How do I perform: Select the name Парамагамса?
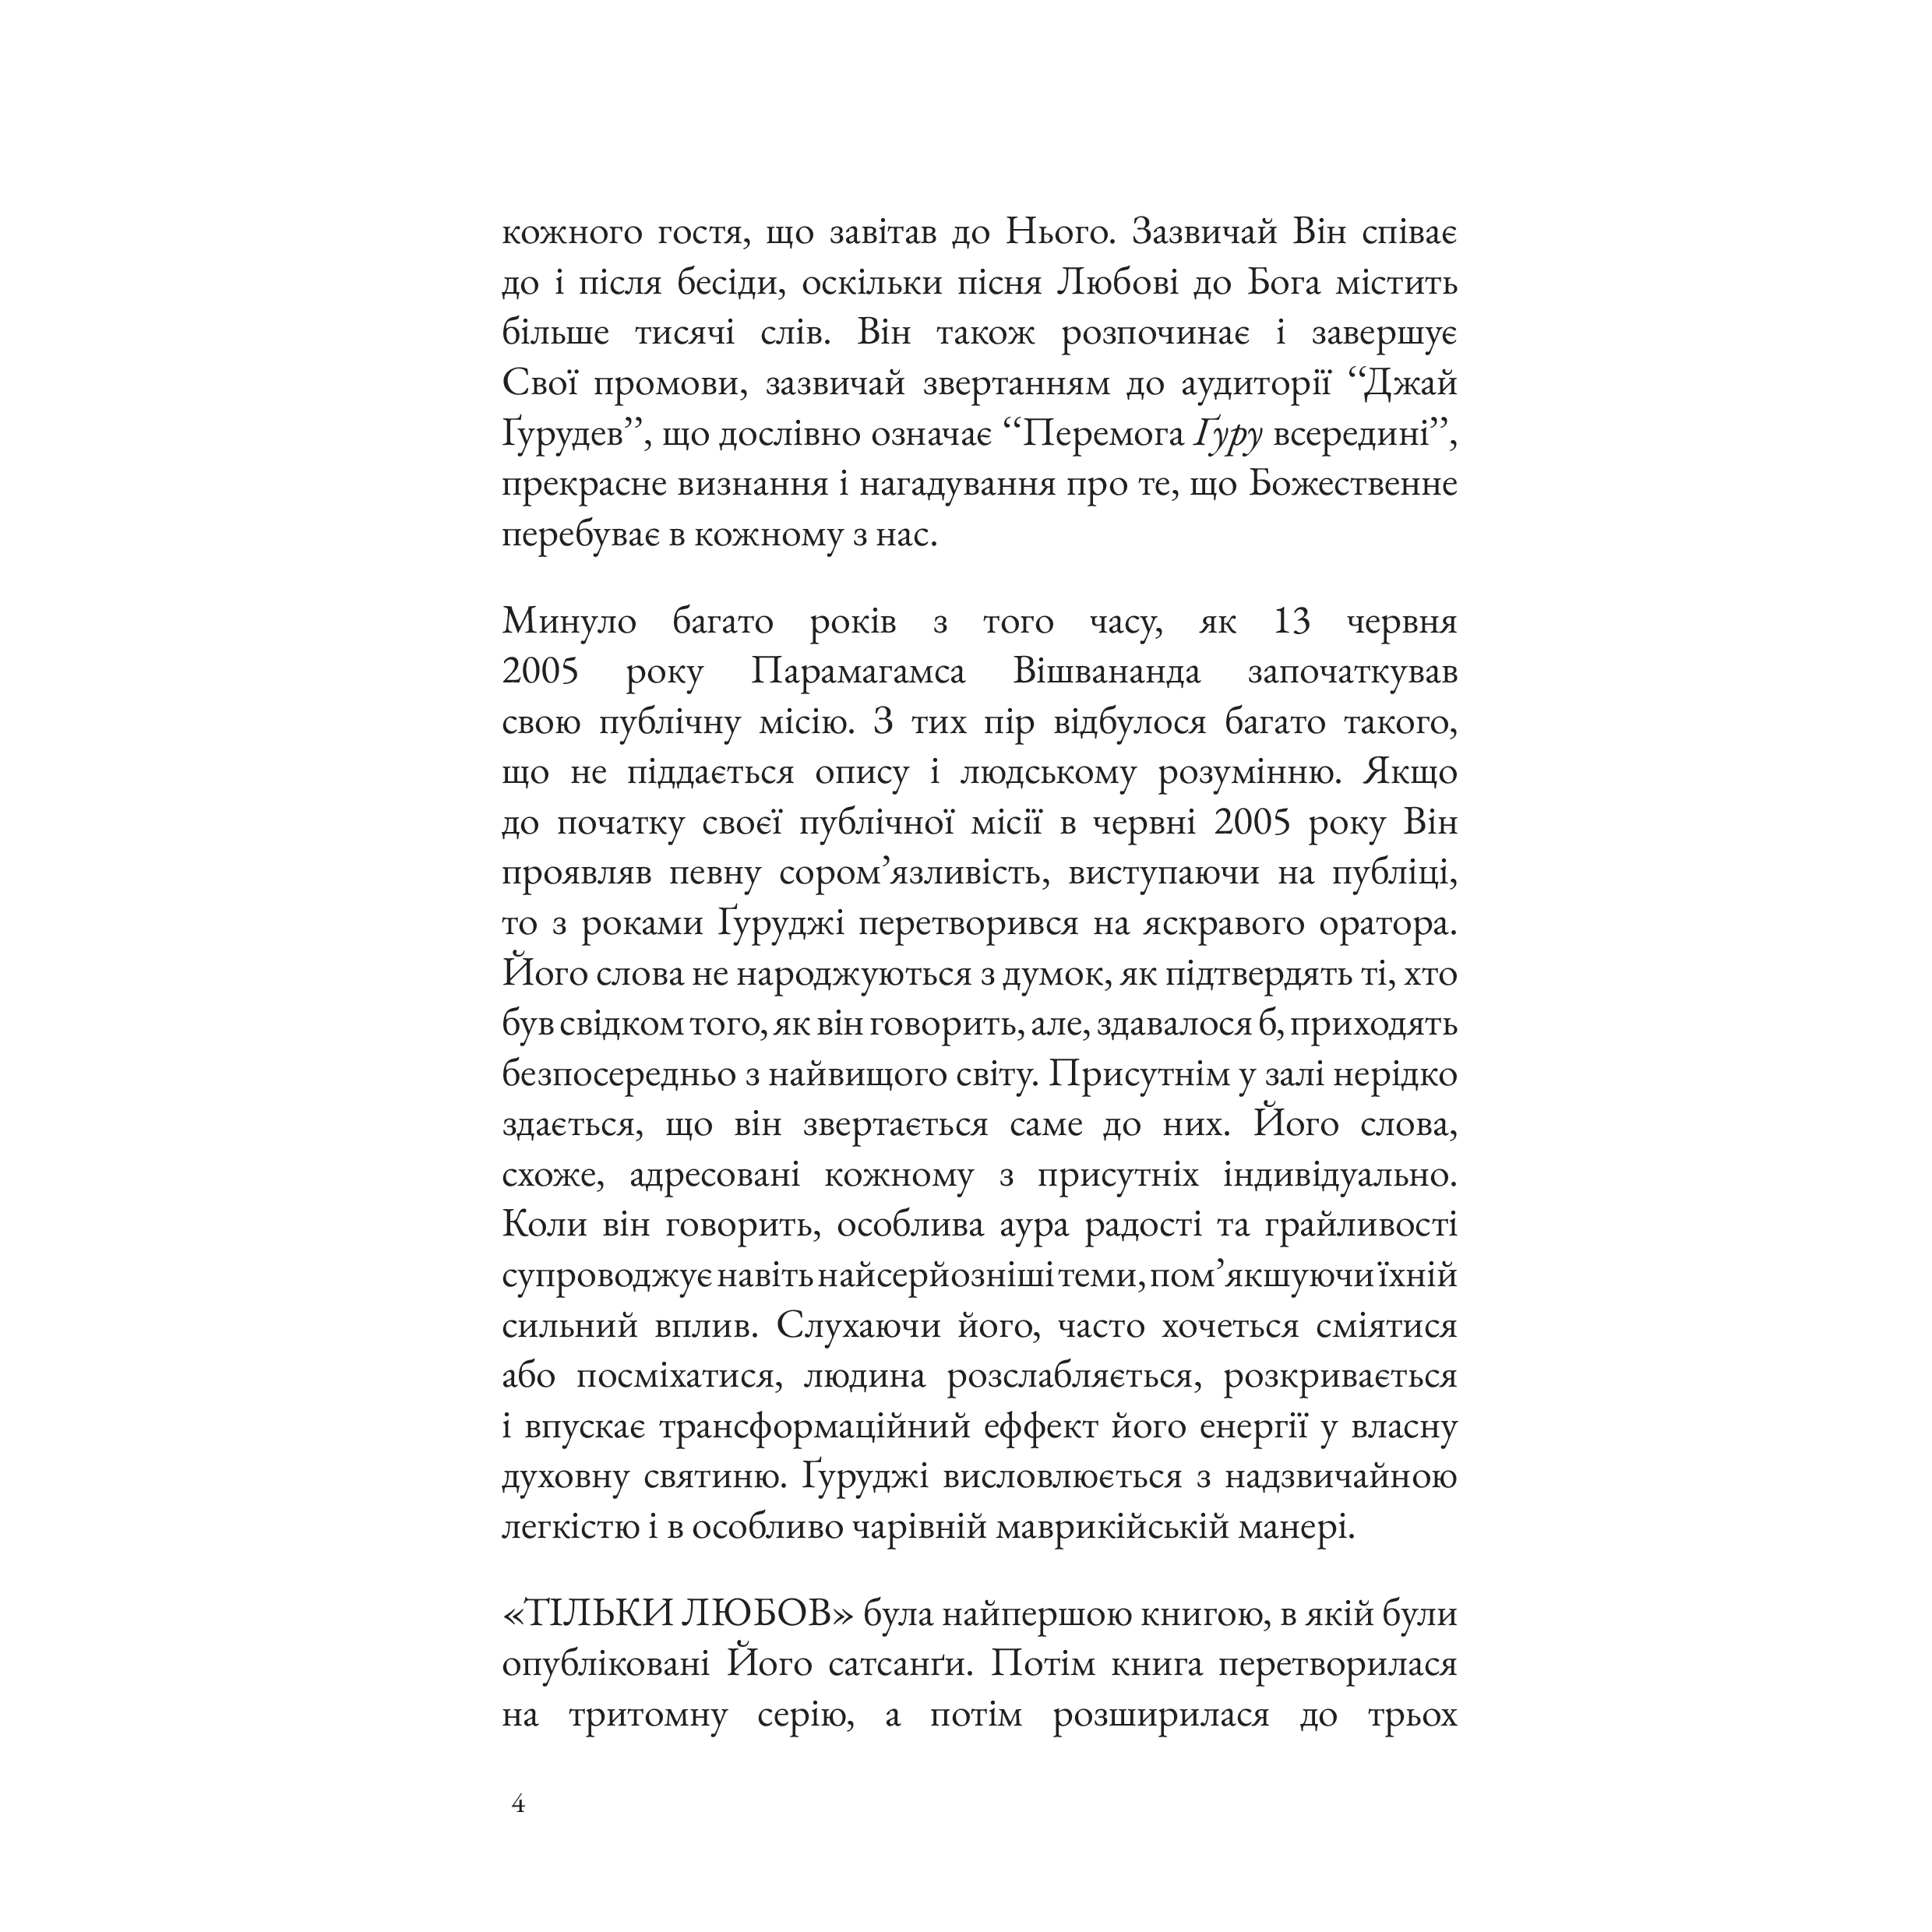[x=858, y=671]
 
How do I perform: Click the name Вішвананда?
[x=1107, y=671]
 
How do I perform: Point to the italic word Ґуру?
[x=1227, y=434]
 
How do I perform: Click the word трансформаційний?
[x=815, y=1426]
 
